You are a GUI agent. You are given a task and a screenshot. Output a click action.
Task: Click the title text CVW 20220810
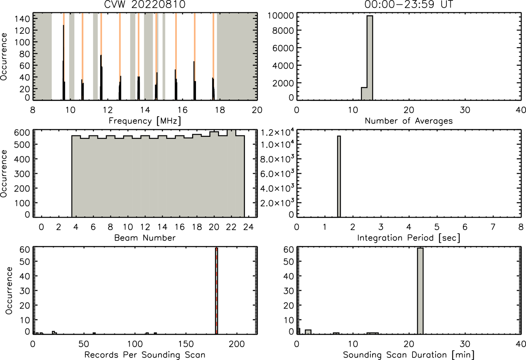click(145, 4)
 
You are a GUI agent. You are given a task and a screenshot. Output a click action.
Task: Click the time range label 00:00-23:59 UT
click(408, 4)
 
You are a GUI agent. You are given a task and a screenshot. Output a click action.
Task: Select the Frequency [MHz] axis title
click(145, 121)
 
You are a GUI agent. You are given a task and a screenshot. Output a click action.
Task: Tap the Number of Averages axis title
click(409, 121)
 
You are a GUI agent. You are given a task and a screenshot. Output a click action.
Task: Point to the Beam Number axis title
click(145, 238)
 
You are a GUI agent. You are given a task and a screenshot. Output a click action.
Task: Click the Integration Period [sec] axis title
click(409, 238)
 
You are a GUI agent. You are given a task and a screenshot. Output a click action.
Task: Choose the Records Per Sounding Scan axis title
click(145, 355)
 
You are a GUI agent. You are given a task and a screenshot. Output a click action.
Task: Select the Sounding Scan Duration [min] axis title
click(409, 355)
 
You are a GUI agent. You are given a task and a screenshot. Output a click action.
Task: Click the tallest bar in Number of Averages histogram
click(370, 58)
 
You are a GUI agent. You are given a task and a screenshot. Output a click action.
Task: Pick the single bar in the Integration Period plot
click(339, 176)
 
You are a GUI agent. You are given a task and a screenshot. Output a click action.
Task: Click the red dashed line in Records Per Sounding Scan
click(217, 291)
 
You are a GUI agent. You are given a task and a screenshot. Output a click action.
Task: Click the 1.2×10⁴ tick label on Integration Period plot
click(277, 132)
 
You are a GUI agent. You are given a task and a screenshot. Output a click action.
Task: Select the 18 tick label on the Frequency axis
click(220, 110)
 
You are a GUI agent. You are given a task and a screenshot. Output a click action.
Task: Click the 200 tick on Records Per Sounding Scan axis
click(237, 344)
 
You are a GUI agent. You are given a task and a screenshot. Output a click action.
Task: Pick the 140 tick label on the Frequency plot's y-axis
click(23, 19)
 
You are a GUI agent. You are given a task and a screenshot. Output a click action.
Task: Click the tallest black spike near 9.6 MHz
click(63, 62)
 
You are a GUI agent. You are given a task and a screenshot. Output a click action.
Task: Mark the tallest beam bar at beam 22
click(231, 174)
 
